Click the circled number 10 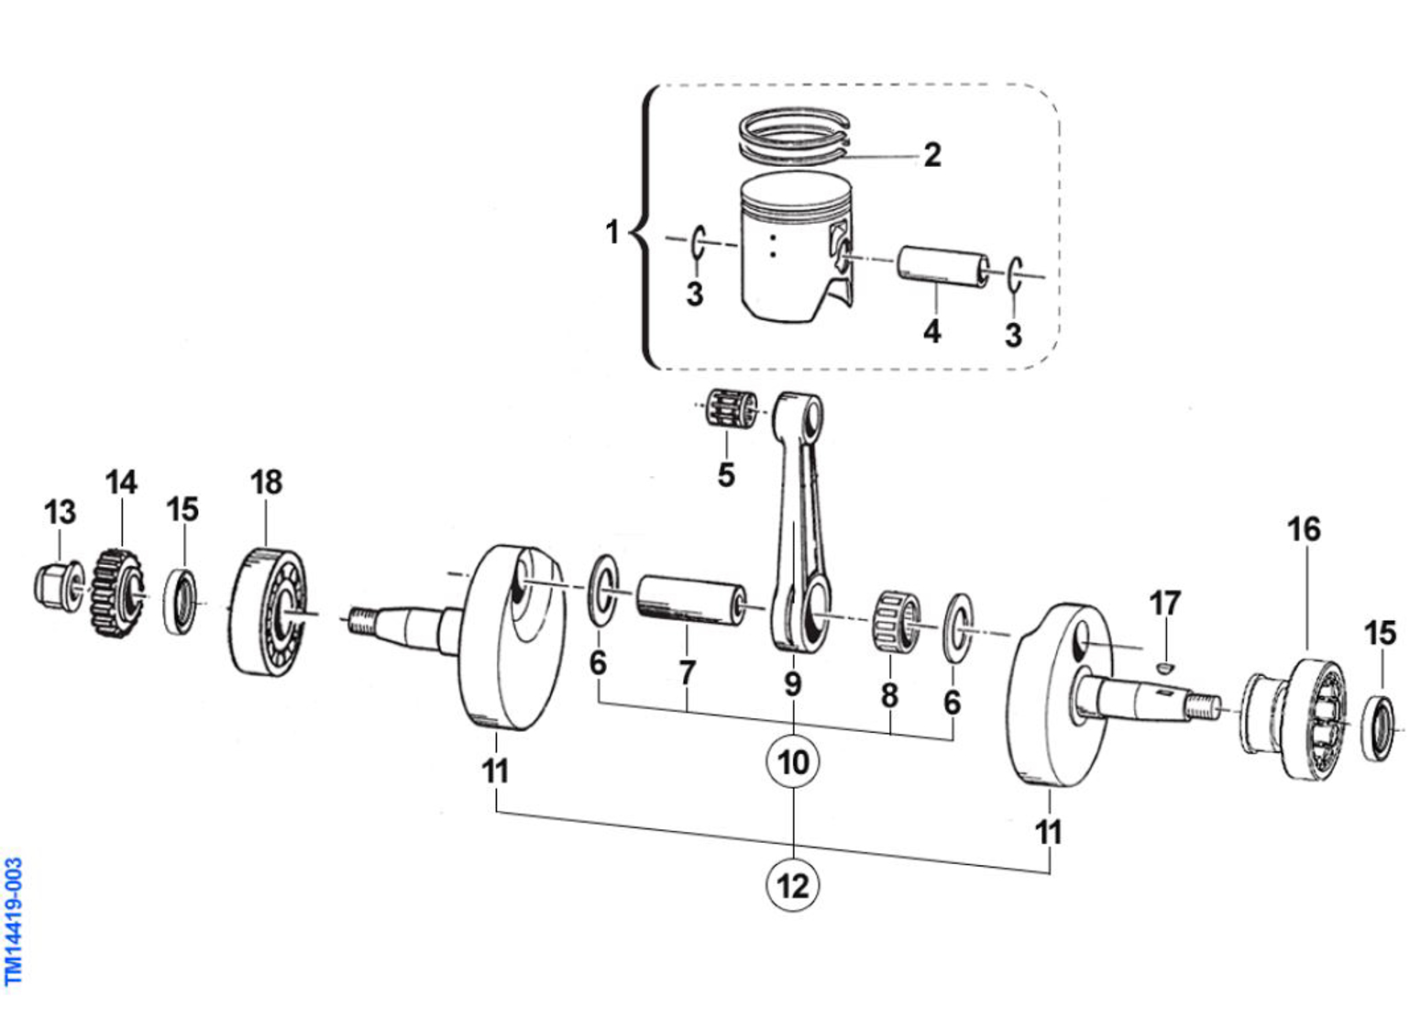point(793,762)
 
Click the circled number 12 point(793,885)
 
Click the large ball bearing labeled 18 point(267,612)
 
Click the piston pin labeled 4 point(942,267)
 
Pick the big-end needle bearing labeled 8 point(896,621)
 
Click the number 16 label point(1303,529)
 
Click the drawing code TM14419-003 point(14,920)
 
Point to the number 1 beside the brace point(612,232)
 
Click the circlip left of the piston point(698,241)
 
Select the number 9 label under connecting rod point(792,684)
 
